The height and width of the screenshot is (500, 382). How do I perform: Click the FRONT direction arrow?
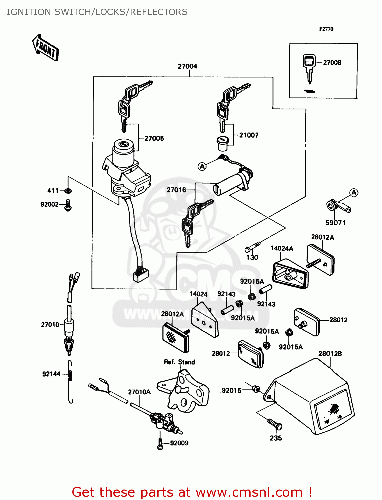tap(46, 48)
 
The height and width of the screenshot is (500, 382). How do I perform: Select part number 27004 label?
tap(187, 66)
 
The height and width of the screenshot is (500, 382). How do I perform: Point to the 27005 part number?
tap(154, 138)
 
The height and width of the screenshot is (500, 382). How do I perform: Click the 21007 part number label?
tap(249, 135)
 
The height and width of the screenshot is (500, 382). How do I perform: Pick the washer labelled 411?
tap(68, 191)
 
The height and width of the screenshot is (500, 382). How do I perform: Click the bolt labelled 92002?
tap(68, 205)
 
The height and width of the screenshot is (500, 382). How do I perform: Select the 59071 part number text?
tap(335, 223)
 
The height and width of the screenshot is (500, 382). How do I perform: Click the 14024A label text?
tap(282, 248)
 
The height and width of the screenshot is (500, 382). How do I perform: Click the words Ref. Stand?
tap(179, 362)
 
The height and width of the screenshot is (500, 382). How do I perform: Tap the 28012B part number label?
tap(330, 354)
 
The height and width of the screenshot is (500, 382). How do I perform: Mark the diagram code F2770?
tap(326, 29)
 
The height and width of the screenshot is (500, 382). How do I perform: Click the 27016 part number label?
tap(176, 190)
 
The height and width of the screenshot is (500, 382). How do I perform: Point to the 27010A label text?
tap(139, 392)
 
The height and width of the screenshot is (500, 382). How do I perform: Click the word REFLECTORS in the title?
tap(159, 12)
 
